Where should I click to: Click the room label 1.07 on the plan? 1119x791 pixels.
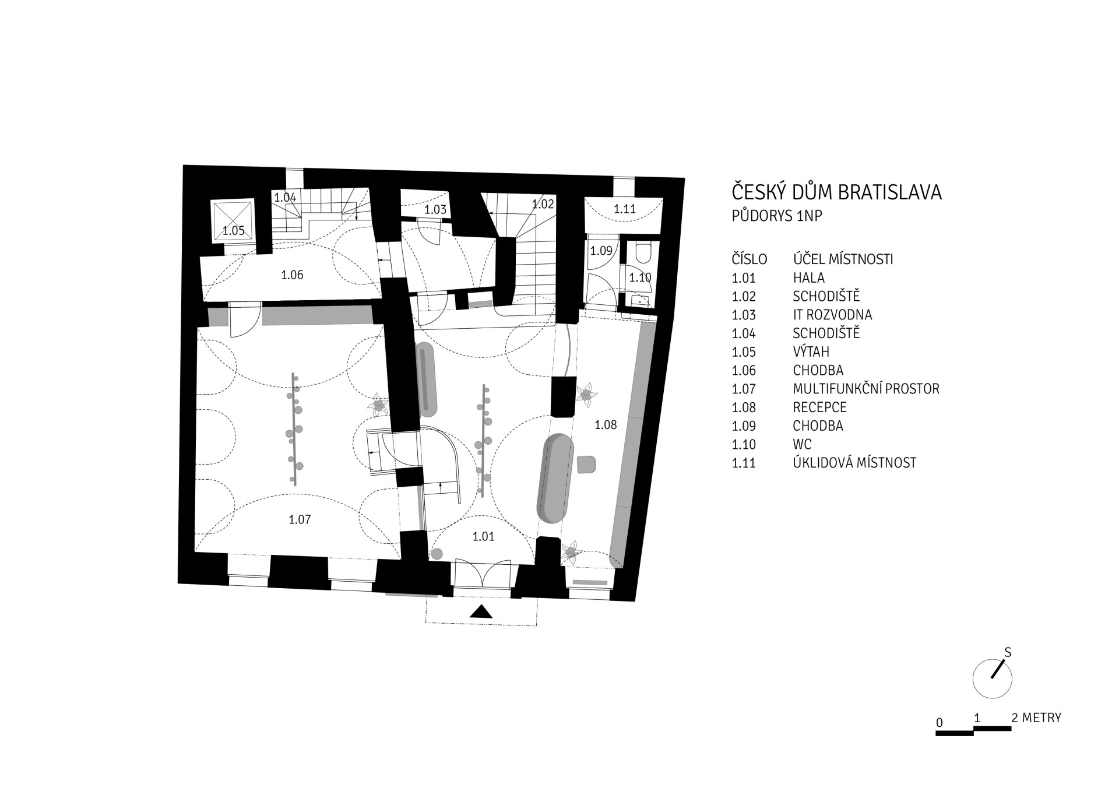pyautogui.click(x=300, y=519)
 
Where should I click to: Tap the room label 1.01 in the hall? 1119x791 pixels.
pyautogui.click(x=483, y=536)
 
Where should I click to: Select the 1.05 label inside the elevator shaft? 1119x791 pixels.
pyautogui.click(x=234, y=231)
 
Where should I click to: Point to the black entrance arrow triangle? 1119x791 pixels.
pyautogui.click(x=481, y=611)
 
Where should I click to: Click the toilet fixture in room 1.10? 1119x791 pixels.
pyautogui.click(x=643, y=254)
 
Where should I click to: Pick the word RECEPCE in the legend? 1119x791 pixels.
pyautogui.click(x=819, y=407)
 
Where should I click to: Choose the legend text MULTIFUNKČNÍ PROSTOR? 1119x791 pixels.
pyautogui.click(x=866, y=389)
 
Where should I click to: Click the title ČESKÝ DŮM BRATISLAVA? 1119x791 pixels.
pyautogui.click(x=837, y=192)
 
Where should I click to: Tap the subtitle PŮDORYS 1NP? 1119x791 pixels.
pyautogui.click(x=777, y=216)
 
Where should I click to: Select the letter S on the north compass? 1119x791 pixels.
pyautogui.click(x=1008, y=653)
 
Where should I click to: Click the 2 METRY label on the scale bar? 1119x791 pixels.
pyautogui.click(x=1036, y=718)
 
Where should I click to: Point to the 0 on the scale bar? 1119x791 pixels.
pyautogui.click(x=939, y=723)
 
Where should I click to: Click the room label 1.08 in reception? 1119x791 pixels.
pyautogui.click(x=606, y=425)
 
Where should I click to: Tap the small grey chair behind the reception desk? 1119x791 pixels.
pyautogui.click(x=586, y=464)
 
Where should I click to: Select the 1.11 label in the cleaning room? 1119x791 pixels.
pyautogui.click(x=625, y=209)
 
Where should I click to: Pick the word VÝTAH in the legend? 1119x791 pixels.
pyautogui.click(x=811, y=352)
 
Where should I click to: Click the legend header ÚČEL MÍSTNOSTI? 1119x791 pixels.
pyautogui.click(x=843, y=259)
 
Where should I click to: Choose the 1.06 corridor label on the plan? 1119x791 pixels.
pyautogui.click(x=292, y=275)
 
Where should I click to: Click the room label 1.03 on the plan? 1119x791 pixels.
pyautogui.click(x=435, y=210)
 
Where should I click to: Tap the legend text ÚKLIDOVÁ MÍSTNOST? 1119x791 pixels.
pyautogui.click(x=854, y=463)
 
